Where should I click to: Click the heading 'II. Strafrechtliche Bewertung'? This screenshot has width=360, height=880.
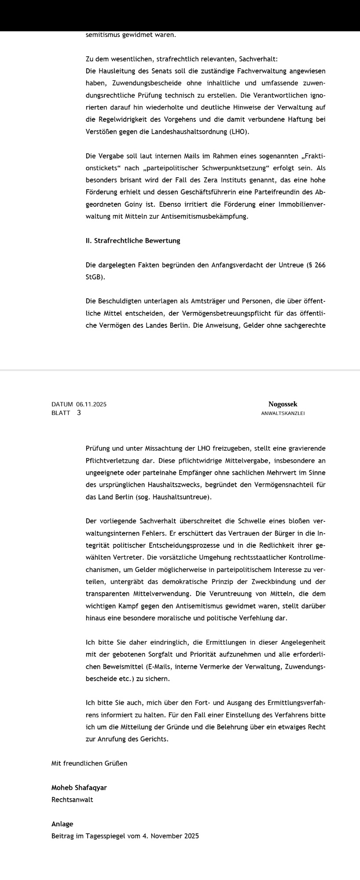pyautogui.click(x=133, y=241)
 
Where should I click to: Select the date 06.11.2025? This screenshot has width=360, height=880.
pyautogui.click(x=91, y=404)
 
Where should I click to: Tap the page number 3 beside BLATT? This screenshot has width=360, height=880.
pyautogui.click(x=79, y=413)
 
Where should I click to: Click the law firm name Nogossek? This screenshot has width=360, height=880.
pyautogui.click(x=283, y=404)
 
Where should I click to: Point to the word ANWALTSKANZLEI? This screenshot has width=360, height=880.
pyautogui.click(x=283, y=414)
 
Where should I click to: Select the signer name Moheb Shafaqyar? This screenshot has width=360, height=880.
pyautogui.click(x=79, y=788)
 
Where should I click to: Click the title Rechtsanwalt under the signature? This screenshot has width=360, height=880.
pyautogui.click(x=72, y=799)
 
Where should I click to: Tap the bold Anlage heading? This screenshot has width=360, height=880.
pyautogui.click(x=62, y=824)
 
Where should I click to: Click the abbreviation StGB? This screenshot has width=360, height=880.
pyautogui.click(x=95, y=278)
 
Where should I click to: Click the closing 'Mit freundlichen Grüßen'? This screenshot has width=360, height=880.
pyautogui.click(x=89, y=763)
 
